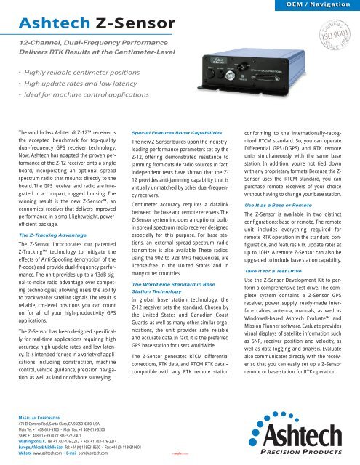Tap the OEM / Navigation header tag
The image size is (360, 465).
[316, 5]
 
